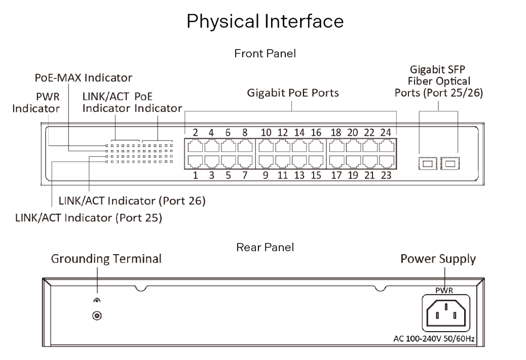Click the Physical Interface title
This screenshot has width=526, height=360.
[266, 21]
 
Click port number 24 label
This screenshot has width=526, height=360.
[386, 133]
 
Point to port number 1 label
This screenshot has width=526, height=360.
[195, 176]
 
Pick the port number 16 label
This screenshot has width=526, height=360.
[316, 133]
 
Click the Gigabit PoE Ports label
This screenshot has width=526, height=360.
[293, 93]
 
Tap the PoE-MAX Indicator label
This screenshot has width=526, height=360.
[83, 78]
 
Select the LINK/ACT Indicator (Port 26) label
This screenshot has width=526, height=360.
[132, 201]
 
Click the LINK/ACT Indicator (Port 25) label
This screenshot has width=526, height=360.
[89, 218]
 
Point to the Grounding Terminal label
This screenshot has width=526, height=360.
[106, 259]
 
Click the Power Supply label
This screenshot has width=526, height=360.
[438, 259]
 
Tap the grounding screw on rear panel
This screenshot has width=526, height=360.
[95, 316]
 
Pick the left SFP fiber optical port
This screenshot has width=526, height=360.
[426, 163]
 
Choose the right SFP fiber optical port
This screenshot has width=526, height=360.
[448, 163]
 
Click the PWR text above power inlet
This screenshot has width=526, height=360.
[444, 291]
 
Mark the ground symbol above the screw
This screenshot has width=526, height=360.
[95, 300]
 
